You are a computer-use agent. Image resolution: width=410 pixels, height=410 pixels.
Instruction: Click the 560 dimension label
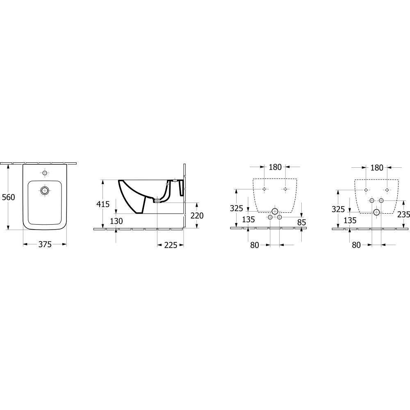pos(9,197)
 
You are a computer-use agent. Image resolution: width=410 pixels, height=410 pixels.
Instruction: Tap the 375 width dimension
pos(45,244)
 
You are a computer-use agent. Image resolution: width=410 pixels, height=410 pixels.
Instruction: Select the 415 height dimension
pos(103,204)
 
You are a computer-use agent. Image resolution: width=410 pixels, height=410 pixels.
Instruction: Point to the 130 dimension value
pos(116,221)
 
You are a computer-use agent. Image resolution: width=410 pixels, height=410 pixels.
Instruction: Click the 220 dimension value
pos(197,216)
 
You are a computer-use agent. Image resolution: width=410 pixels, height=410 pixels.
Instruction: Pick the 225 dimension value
pos(171,245)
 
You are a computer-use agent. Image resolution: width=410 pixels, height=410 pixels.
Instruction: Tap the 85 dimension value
pos(302,222)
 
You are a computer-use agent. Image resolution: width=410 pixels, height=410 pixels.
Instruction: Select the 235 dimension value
pos(403,214)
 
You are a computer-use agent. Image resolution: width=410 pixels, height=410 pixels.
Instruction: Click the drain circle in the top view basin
pos(45,191)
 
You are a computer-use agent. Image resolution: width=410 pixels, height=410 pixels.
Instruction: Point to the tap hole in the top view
pos(45,173)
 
